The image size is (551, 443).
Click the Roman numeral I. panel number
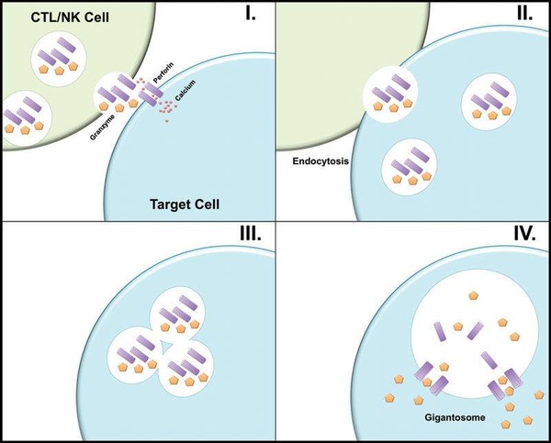tap(249, 17)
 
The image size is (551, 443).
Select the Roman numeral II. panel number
tap(524, 17)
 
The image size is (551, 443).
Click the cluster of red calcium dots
tap(167, 110)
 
